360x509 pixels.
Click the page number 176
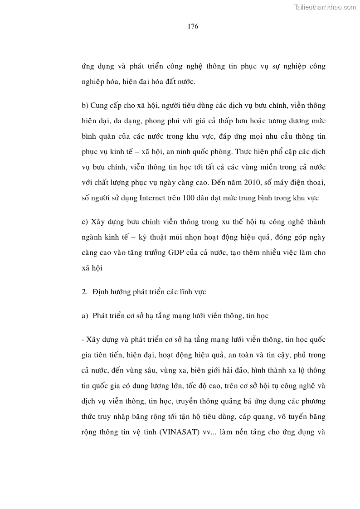coord(193,26)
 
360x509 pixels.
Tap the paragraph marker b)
coord(85,106)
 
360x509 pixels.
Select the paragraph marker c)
coord(85,222)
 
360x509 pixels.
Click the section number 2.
coord(84,292)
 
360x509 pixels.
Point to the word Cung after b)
coord(100,106)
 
